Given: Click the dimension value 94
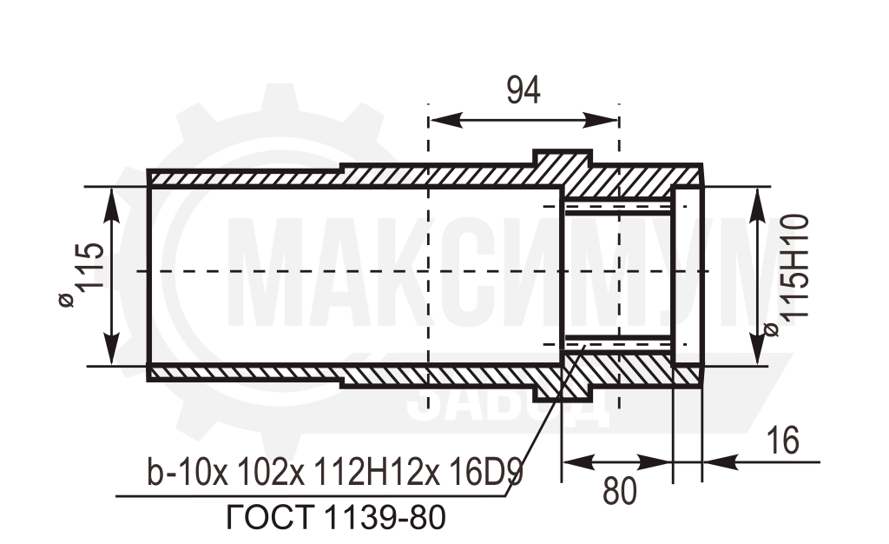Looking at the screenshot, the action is (x=524, y=90).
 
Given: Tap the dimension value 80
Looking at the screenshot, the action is (x=620, y=491).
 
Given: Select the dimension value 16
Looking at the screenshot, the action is (x=782, y=441).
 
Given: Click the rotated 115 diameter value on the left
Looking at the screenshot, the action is (x=90, y=268).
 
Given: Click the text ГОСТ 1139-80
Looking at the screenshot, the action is (x=336, y=517).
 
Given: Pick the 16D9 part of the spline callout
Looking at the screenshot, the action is (x=485, y=472).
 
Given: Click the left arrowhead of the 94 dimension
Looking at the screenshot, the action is (x=446, y=120).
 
